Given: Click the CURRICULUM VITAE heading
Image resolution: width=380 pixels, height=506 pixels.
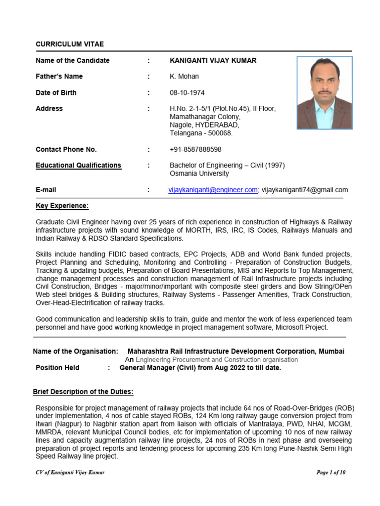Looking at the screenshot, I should pyautogui.click(x=70, y=44).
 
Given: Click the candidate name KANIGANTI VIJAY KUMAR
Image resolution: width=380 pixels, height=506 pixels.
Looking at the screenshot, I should pyautogui.click(x=213, y=60).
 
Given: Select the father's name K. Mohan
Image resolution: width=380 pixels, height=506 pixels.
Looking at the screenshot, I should pyautogui.click(x=184, y=77).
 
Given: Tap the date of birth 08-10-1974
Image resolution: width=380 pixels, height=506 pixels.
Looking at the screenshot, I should pyautogui.click(x=187, y=93).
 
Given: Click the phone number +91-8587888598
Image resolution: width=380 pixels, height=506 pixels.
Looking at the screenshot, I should pyautogui.click(x=195, y=149).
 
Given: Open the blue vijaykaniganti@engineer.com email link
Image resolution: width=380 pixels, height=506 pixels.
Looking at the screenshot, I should pyautogui.click(x=213, y=190).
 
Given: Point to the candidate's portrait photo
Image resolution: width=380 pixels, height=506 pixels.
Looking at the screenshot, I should pyautogui.click(x=325, y=92).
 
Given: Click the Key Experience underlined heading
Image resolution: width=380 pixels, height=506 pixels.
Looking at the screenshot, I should pyautogui.click(x=62, y=206).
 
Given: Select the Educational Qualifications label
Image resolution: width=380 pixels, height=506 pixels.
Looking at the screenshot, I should pyautogui.click(x=78, y=166).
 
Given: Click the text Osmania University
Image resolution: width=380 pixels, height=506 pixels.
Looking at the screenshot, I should pyautogui.click(x=199, y=173).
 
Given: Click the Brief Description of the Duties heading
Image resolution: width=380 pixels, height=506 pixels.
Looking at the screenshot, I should pyautogui.click(x=83, y=392).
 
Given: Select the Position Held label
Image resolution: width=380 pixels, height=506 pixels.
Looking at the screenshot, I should pyautogui.click(x=57, y=368).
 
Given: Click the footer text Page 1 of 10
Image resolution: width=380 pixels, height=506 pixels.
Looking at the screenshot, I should pyautogui.click(x=331, y=472).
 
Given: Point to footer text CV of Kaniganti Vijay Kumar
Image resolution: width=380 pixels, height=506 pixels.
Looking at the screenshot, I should pyautogui.click(x=70, y=472).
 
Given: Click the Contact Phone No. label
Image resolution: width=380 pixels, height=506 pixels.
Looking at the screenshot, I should pyautogui.click(x=66, y=149).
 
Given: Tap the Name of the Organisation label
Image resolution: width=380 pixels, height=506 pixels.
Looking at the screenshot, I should pyautogui.click(x=76, y=351).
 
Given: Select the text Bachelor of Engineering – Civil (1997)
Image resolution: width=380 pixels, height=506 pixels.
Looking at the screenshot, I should pyautogui.click(x=227, y=166).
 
